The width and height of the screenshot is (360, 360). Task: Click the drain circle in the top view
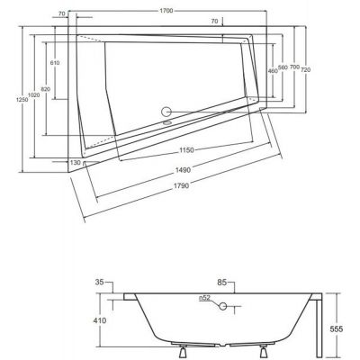[x=166, y=112]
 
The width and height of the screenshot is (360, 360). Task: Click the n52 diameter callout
[x=206, y=298]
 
